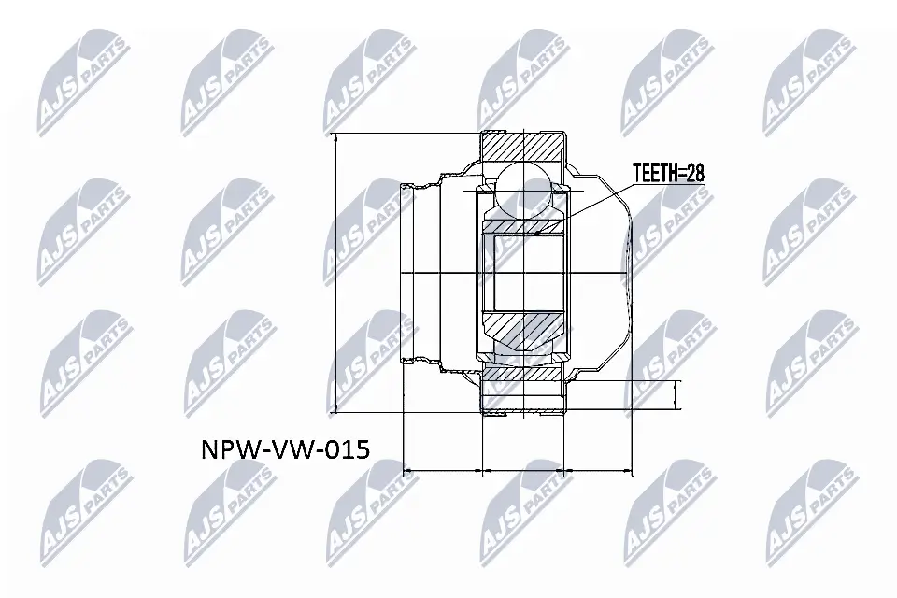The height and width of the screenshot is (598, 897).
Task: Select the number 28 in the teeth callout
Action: (692, 172)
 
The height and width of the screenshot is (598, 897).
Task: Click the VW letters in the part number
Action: (287, 449)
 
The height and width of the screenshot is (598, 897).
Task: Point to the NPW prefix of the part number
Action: (228, 449)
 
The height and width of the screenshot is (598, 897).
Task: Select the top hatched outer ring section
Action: (523, 147)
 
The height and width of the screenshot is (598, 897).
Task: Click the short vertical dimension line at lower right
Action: (677, 395)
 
